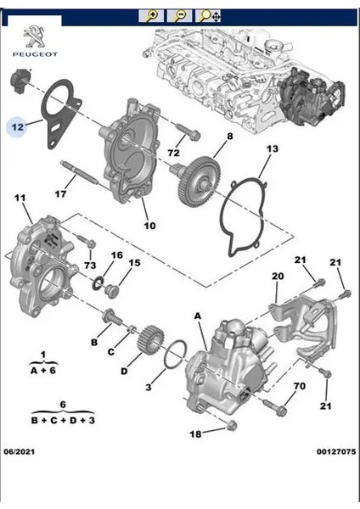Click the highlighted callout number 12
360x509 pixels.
[18, 126]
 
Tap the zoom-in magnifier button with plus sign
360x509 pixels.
[151, 15]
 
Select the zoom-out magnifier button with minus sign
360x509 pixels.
[179, 15]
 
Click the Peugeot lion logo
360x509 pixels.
[35, 36]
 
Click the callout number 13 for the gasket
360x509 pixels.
[273, 148]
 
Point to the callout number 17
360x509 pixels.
[60, 193]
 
